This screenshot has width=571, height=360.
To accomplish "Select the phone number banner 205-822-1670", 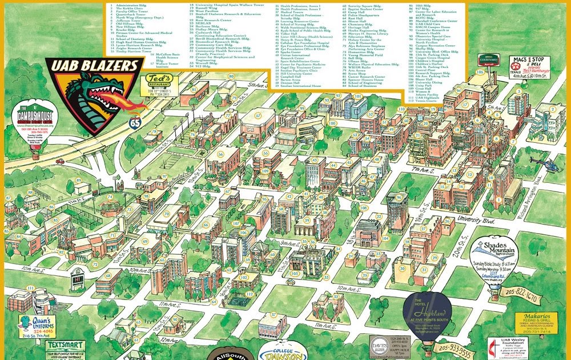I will (528, 294).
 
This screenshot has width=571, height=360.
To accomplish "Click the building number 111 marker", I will (30, 287).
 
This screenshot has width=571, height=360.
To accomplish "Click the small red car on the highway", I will (60, 161).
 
